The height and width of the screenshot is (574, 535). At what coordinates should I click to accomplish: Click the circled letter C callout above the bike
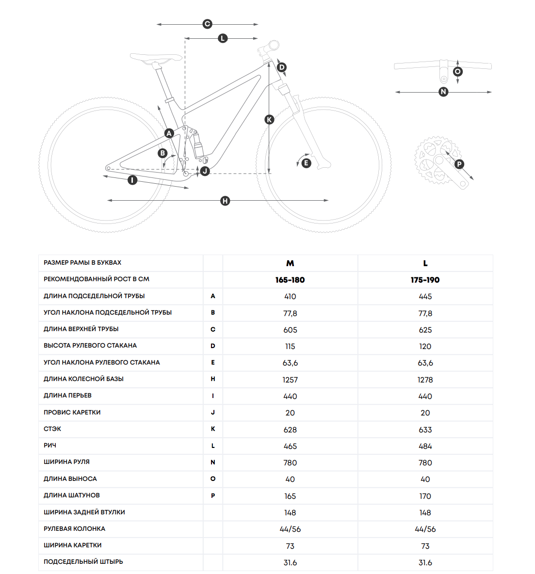(x=207, y=24)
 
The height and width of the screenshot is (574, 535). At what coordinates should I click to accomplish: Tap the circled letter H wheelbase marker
(x=225, y=201)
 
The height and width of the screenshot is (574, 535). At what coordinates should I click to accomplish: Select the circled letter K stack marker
(x=269, y=119)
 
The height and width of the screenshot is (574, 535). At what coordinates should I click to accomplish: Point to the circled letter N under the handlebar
(x=443, y=92)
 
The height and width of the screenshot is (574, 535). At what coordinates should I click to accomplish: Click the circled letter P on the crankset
(x=459, y=164)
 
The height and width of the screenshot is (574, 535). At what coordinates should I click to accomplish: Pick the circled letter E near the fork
(x=306, y=163)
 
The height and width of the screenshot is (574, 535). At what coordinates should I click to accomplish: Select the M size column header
(x=290, y=263)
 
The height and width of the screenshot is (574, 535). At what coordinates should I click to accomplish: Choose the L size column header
(x=425, y=263)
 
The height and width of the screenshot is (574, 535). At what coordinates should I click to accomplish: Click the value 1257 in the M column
(x=290, y=380)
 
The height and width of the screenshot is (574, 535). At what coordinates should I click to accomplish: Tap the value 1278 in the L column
(x=425, y=380)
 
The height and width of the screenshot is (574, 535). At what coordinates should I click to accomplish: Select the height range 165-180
(x=290, y=280)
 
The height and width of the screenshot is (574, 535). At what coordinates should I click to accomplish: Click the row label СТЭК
(x=52, y=429)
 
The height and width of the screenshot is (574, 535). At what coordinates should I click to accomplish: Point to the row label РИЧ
(x=50, y=446)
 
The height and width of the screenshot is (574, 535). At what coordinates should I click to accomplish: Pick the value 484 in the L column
(x=425, y=446)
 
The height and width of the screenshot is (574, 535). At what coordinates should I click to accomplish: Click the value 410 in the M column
(x=290, y=296)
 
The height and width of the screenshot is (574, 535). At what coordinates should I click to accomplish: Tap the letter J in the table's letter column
(x=213, y=413)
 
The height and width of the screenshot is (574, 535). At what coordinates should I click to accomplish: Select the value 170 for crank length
(x=425, y=496)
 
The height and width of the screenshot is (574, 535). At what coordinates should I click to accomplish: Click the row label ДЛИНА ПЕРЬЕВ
(x=67, y=396)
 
